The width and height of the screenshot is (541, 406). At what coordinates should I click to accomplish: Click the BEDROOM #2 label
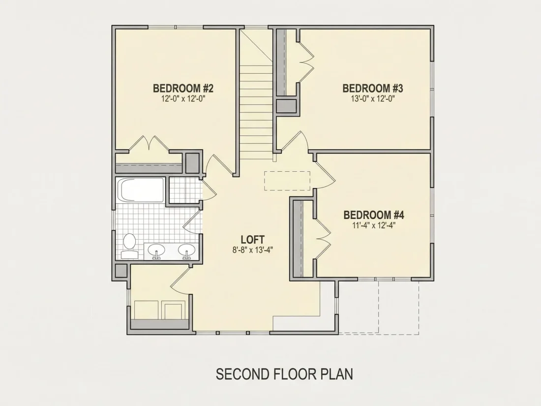[x=183, y=89]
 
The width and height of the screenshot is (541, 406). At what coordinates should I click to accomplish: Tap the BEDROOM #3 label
[x=373, y=89]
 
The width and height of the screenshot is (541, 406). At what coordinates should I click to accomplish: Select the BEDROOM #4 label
[x=374, y=215]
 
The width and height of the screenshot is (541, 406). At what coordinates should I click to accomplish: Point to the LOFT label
[x=253, y=239]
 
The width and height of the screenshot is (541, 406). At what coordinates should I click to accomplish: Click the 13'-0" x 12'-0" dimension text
[x=373, y=99]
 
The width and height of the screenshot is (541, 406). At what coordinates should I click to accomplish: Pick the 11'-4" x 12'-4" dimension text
[x=374, y=225]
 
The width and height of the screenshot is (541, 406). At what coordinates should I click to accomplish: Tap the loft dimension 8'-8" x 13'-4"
[x=253, y=250]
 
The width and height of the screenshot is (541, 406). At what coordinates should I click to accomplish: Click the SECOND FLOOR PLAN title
[x=284, y=374]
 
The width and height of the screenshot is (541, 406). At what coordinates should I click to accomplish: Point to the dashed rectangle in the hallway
[x=287, y=180]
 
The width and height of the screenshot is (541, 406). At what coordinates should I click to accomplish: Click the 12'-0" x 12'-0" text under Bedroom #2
[x=183, y=99]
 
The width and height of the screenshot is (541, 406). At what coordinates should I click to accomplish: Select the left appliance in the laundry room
[x=146, y=310]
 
